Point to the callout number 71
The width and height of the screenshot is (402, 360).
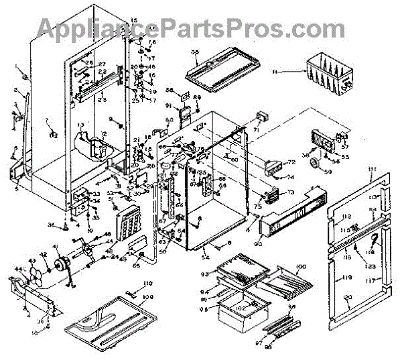click(256, 129)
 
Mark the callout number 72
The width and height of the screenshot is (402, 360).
click(292, 163)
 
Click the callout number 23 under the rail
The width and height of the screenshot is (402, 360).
click(103, 101)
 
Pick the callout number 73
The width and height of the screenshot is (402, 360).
click(291, 192)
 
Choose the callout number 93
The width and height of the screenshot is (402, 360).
click(206, 276)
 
